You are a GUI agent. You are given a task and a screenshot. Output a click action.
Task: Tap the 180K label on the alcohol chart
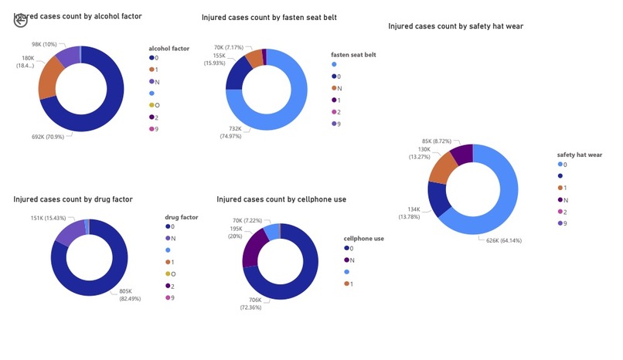coord(28,62)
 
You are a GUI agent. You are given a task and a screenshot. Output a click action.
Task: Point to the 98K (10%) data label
coord(44,44)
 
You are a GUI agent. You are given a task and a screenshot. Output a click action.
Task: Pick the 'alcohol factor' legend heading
coord(169,48)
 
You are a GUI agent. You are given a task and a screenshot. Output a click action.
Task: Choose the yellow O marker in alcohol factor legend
coord(151,105)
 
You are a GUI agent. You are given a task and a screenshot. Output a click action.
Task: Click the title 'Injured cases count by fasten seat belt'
coord(269,17)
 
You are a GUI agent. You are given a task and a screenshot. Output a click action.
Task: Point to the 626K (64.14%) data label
coord(502,240)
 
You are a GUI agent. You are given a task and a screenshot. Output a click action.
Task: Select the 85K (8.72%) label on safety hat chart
coord(437,141)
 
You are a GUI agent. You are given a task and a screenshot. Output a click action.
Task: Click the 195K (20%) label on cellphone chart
coord(235,233)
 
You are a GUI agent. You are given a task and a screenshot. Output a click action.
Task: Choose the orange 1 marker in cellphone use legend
coord(346,284)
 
